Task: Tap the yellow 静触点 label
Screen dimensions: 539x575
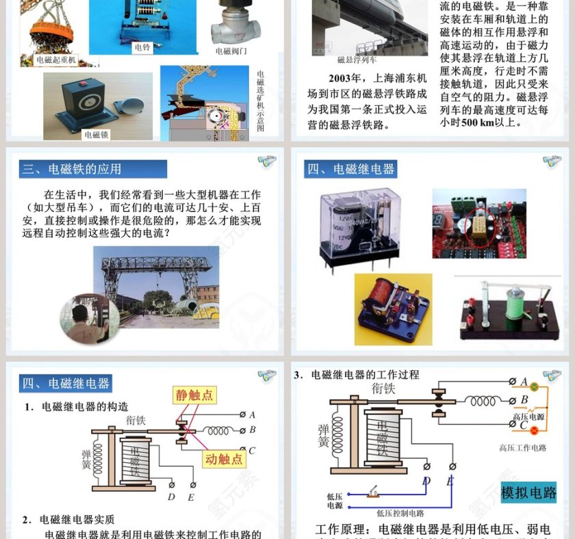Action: (x=194, y=395)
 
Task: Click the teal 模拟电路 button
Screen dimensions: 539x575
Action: (x=528, y=492)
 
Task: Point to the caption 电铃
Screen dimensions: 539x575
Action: (x=142, y=47)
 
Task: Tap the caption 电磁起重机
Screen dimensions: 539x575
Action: (x=56, y=60)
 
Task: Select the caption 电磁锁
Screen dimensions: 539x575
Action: (x=97, y=135)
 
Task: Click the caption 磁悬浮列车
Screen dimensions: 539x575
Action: (x=353, y=60)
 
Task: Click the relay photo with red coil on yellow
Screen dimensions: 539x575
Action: (x=393, y=308)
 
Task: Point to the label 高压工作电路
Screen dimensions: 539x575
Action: (x=523, y=448)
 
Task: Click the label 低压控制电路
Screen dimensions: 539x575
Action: (x=400, y=512)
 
